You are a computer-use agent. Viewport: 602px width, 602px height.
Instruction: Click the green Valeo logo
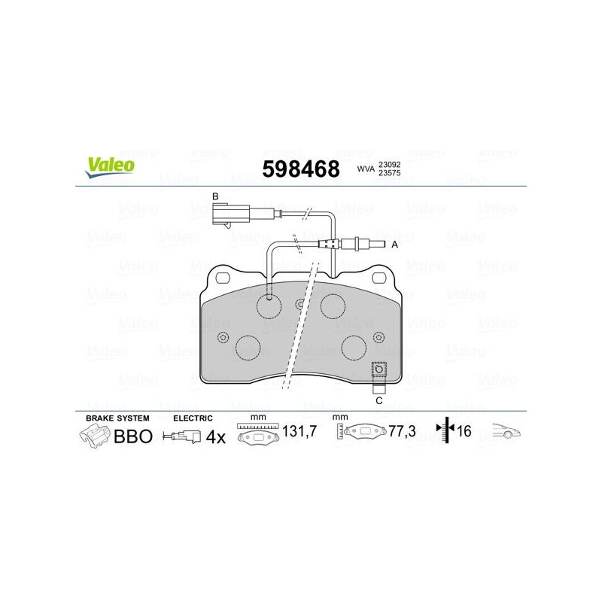[x=110, y=167]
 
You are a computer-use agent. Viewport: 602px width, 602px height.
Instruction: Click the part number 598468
[x=301, y=169]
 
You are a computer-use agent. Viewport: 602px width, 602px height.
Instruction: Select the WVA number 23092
[x=389, y=164]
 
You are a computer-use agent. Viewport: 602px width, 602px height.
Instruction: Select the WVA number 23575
[x=389, y=173]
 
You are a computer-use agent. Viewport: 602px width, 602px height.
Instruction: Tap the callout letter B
[x=215, y=196]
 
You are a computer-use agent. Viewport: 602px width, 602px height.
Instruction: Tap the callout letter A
[x=394, y=245]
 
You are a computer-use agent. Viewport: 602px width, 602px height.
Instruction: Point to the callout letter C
[x=379, y=401]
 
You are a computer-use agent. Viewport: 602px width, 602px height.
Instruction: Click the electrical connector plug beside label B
[x=231, y=215]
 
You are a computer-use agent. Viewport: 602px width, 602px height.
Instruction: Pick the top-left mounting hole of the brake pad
[x=223, y=278]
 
